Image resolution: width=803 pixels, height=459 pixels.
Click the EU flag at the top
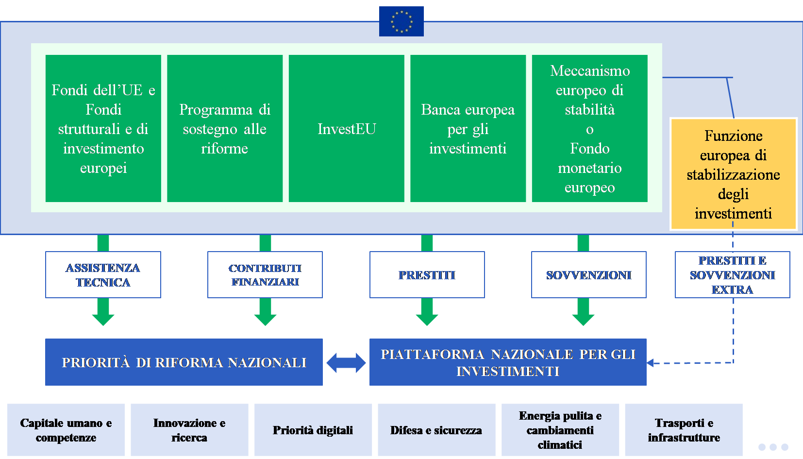point(401,21)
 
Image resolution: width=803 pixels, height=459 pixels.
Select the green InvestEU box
point(346,128)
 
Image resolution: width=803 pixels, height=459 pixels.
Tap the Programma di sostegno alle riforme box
point(225,128)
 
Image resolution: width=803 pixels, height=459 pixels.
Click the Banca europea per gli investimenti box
point(468,128)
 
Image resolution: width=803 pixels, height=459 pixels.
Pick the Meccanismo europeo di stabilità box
point(589,128)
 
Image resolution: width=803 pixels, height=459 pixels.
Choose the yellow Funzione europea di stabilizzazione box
point(733,173)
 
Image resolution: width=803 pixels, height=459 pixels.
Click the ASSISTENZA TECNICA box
point(103,274)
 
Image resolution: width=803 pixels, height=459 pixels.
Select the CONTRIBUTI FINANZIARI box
point(265,274)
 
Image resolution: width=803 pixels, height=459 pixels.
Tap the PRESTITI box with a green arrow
point(427,274)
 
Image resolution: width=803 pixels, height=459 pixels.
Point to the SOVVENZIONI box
point(588,274)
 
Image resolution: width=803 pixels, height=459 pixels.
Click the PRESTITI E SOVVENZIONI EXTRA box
point(732,274)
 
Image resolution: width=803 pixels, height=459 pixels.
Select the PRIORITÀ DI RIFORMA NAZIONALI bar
point(184,362)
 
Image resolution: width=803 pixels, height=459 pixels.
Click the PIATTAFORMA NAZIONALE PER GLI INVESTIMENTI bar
point(508,362)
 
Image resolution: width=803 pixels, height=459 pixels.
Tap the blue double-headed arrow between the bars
point(346,363)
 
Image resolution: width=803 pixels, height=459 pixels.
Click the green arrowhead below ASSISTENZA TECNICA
point(103,319)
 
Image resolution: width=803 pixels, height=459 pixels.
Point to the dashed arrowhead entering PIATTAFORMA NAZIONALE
point(651,363)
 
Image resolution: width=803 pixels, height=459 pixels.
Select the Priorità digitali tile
point(313,430)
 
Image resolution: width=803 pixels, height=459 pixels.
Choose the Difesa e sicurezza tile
point(436,430)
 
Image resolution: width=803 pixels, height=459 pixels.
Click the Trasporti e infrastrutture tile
point(684,430)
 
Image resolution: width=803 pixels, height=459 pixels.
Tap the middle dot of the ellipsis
point(773,447)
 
